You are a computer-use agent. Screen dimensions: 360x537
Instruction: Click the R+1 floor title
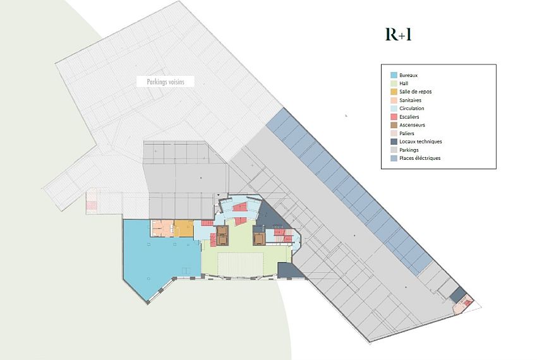point(399,35)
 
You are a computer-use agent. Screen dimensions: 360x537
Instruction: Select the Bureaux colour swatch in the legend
point(394,76)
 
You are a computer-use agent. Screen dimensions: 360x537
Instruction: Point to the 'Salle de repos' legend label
point(415,92)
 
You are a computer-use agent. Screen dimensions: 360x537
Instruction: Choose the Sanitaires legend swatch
point(394,100)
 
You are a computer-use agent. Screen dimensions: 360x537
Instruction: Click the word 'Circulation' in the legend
point(412,109)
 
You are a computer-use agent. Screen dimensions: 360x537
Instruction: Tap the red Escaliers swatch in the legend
point(394,117)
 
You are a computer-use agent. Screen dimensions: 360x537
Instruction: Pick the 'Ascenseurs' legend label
point(412,125)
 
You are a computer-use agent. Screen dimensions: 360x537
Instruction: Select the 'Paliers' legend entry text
point(407,133)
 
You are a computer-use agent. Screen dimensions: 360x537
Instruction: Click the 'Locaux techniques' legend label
point(420,141)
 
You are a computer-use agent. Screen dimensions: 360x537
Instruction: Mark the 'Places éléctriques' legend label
point(420,158)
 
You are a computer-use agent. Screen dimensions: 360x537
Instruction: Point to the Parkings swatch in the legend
point(394,150)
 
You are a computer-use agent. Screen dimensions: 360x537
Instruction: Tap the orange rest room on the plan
point(184,228)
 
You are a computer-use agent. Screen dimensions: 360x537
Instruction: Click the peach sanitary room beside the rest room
point(162,228)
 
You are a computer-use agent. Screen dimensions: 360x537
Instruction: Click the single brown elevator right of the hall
point(258,238)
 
